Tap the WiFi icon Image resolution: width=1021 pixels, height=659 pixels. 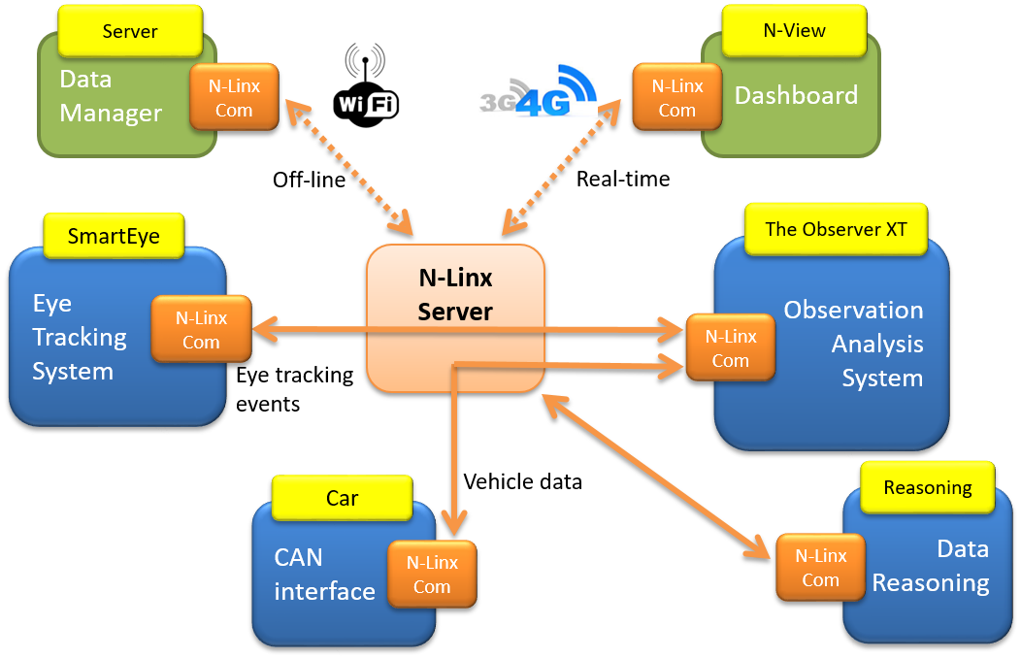(366, 85)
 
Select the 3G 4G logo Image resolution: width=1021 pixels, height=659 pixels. (537, 89)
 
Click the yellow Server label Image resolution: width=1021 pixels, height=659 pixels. (130, 31)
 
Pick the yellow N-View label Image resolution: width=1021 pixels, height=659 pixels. (794, 30)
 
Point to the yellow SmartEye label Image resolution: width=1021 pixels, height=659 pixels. (114, 236)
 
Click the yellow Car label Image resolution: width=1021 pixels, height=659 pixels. (342, 498)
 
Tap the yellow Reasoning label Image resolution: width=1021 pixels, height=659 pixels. (927, 487)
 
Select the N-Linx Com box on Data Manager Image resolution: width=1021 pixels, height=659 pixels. (234, 97)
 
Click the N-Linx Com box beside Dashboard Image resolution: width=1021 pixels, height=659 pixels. (676, 97)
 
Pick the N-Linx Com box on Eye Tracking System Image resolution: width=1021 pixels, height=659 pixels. (201, 329)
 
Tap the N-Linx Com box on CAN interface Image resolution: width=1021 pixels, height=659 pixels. (432, 574)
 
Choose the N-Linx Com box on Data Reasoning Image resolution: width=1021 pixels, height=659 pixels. (820, 567)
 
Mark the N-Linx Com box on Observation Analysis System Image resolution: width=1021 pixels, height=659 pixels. (730, 347)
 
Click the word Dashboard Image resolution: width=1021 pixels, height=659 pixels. (796, 95)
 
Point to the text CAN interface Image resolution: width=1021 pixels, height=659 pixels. (324, 575)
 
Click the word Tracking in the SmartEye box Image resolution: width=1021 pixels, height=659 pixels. (80, 337)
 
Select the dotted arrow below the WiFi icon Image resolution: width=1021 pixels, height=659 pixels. (347, 165)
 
